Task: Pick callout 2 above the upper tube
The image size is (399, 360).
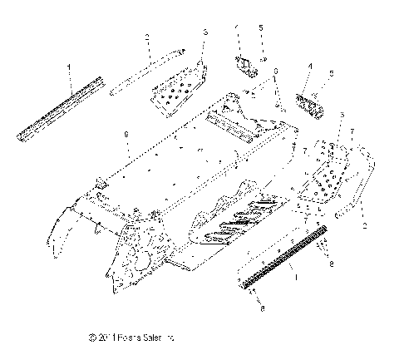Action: (x=146, y=38)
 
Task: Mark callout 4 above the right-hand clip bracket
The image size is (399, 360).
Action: (x=310, y=66)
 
